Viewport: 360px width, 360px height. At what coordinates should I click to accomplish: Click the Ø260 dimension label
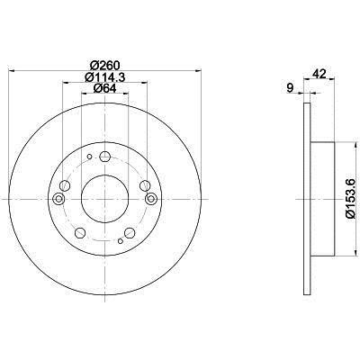coord(104,65)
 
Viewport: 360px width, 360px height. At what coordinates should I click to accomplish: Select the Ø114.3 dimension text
coord(104,77)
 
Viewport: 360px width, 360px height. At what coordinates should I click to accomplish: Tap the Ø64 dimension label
coord(104,88)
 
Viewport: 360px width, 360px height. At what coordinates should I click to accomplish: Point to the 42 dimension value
coord(319,74)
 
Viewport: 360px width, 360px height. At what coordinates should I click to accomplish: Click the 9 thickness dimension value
coord(290,88)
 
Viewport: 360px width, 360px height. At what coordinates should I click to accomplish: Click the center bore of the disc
coord(105,199)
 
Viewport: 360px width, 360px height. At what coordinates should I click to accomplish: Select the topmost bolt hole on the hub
coord(104,157)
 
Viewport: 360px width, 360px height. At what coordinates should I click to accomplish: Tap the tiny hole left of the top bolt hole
coord(89,157)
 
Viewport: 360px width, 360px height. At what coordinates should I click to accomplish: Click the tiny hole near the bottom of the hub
coord(121,241)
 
